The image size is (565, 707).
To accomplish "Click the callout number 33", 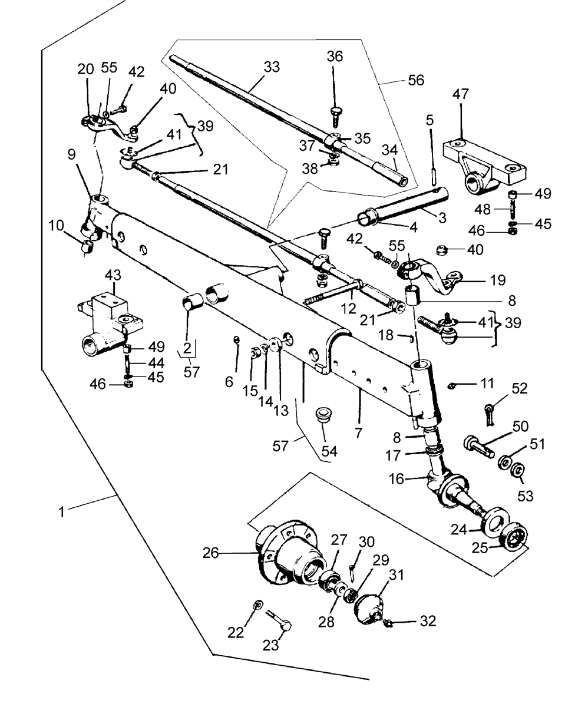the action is click(272, 67).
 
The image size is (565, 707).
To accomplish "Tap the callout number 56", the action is click(416, 80).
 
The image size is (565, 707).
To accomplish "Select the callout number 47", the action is click(461, 94).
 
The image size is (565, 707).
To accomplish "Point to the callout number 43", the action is click(113, 275).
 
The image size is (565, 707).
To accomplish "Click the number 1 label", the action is click(61, 512).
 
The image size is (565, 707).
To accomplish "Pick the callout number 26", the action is click(210, 553).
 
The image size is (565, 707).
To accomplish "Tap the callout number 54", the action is click(329, 451).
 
